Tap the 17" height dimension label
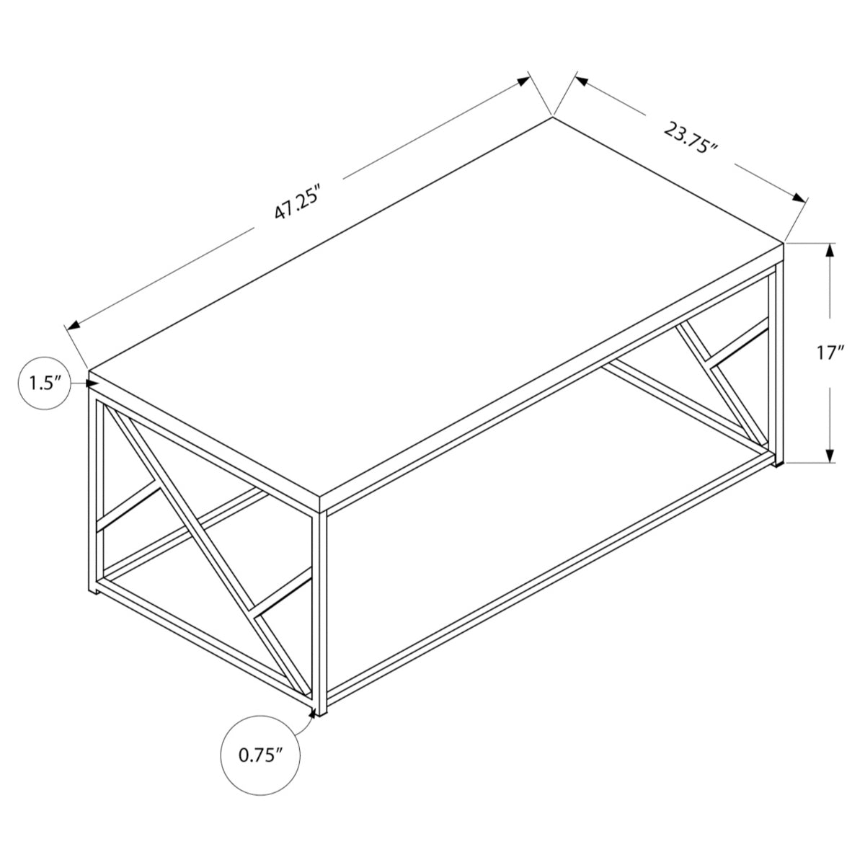click(x=830, y=353)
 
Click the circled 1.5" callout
click(x=43, y=383)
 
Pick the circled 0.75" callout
click(x=260, y=755)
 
